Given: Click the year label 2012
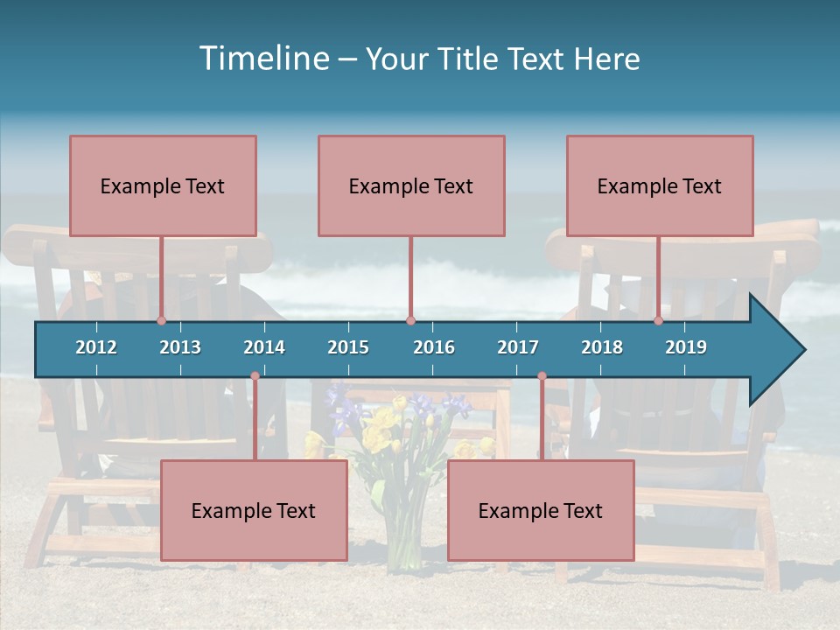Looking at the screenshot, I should point(96,347).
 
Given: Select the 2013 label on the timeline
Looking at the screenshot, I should point(180,347).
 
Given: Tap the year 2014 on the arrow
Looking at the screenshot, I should point(264,347).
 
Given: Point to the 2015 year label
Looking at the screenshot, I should point(348,347).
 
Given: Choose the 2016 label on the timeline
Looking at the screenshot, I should point(434,347).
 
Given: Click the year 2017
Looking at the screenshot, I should point(518,347).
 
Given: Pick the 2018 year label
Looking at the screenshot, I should point(602,347).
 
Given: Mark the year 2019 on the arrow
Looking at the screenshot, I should point(686,347).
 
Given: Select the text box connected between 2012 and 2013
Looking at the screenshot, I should point(163,185).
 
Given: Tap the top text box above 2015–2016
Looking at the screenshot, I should point(411,185).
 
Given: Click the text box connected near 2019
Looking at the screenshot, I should point(660,185).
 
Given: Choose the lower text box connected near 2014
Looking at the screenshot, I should point(254,510).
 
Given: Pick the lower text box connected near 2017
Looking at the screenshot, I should point(541,510).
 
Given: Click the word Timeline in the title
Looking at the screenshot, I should point(262,59).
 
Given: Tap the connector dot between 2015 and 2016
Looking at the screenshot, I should point(410,320).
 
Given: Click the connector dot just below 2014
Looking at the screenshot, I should point(255,376).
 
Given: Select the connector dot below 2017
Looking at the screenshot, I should point(542,376).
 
